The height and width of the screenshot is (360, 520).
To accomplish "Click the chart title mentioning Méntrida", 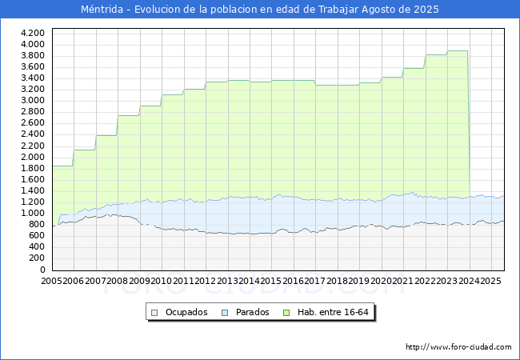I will coord(260,10).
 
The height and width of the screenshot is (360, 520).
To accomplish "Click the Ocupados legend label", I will coord(186,312).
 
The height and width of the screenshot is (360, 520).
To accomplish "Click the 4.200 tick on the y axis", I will coord(33,33).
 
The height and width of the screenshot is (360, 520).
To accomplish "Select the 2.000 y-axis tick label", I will coord(33,157).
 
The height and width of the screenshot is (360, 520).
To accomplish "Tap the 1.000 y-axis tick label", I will coord(33,214).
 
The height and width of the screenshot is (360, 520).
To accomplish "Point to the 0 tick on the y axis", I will coord(42,270).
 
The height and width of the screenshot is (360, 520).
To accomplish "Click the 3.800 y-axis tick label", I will coord(33,55).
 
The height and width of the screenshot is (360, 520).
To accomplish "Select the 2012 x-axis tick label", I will coord(206,281).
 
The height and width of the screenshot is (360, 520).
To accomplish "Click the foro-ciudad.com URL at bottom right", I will coord(458,347).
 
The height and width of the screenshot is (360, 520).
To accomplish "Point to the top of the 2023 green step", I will coord(458,51).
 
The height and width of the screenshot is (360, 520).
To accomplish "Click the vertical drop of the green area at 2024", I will coord(469,128).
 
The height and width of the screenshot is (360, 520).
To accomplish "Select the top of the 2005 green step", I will coord(62,166).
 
